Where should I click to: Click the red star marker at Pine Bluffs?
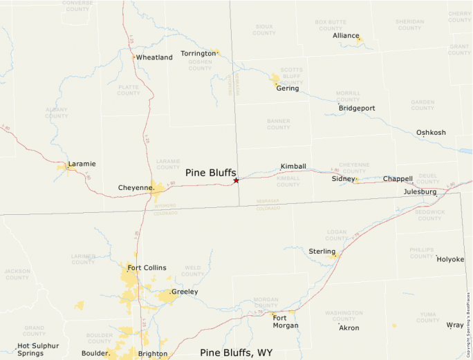(236, 180)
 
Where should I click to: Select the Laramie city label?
(82, 164)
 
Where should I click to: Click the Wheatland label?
(154, 57)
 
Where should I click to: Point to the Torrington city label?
(198, 53)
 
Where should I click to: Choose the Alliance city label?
(346, 35)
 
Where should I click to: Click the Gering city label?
(288, 88)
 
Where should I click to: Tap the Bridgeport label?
(357, 108)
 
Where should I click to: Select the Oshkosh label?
(431, 133)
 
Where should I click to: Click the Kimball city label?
(293, 167)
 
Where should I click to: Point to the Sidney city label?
(343, 178)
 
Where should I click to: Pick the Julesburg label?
(420, 191)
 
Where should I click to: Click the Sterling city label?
(322, 252)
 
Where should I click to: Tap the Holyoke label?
(450, 259)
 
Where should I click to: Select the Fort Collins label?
(147, 267)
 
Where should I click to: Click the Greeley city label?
(185, 292)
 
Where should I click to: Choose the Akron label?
(349, 328)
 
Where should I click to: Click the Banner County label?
(279, 124)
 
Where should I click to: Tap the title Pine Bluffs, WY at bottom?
(236, 352)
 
